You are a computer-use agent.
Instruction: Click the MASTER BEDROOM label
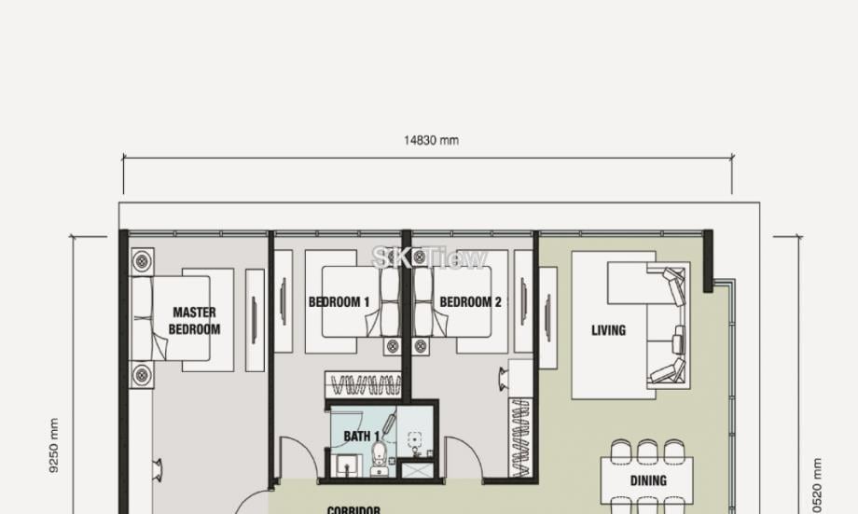(x=194, y=321)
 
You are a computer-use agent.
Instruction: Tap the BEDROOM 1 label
(x=339, y=302)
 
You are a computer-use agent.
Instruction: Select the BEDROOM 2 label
(x=470, y=302)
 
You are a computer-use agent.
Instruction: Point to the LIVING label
(x=608, y=330)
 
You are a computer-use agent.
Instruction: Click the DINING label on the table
(x=648, y=481)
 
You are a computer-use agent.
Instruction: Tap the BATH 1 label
(x=362, y=436)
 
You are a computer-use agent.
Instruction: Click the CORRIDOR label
(x=353, y=509)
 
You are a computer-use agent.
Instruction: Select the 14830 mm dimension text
(x=431, y=141)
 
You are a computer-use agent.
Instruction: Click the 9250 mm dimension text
(x=53, y=446)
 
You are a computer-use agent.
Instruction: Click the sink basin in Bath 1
(x=346, y=464)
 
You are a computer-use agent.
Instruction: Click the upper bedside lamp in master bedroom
(x=142, y=261)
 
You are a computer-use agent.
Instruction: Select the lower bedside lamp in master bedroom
(x=142, y=375)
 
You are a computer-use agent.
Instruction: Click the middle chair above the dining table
(x=648, y=451)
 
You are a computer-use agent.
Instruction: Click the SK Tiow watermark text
(x=430, y=257)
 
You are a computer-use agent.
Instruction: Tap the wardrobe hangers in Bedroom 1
(x=363, y=383)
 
